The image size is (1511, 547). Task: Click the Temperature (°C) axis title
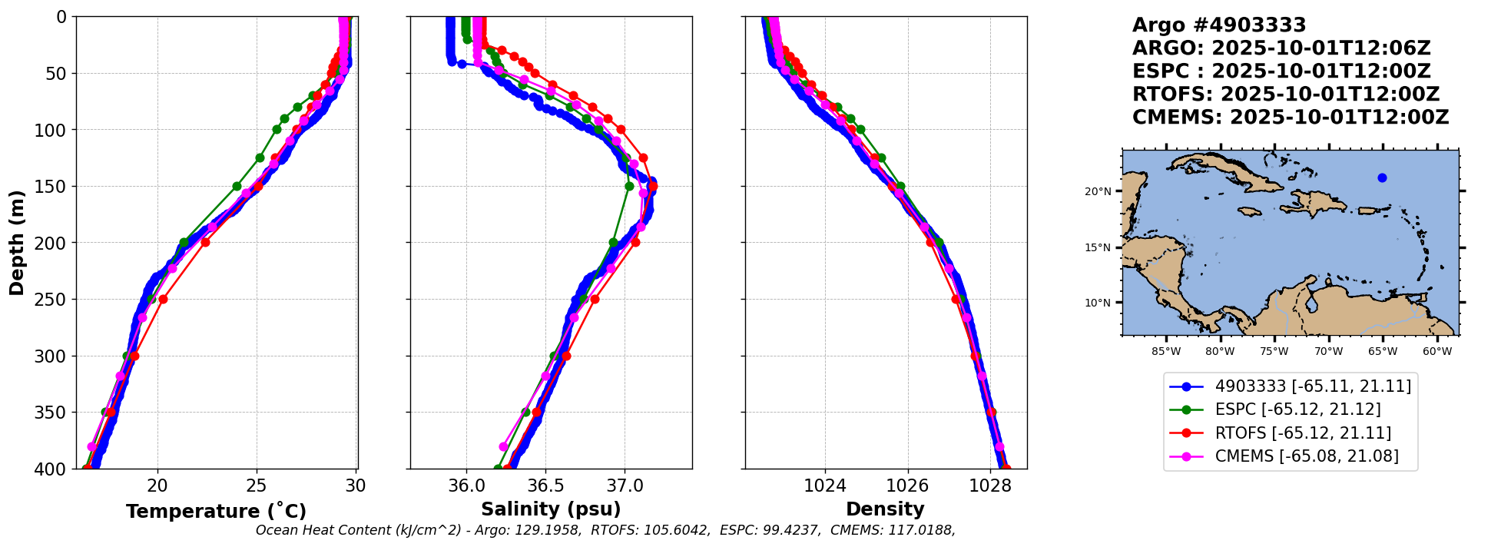(216, 511)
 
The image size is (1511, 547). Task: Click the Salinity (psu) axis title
(551, 509)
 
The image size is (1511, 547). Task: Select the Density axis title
(885, 509)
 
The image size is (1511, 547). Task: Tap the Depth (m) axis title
(17, 243)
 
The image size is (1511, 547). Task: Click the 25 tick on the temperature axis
(257, 486)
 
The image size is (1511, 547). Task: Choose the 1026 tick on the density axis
(907, 486)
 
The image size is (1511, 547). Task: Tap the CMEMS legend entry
(1306, 456)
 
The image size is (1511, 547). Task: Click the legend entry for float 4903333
(1313, 386)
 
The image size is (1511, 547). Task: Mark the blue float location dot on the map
(1382, 178)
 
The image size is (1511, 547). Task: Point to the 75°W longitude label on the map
(1274, 352)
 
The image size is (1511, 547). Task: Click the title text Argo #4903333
(1219, 25)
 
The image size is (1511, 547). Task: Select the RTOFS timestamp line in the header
(1285, 94)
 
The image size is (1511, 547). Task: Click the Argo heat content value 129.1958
(551, 530)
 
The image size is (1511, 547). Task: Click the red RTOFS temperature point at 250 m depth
(163, 299)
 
